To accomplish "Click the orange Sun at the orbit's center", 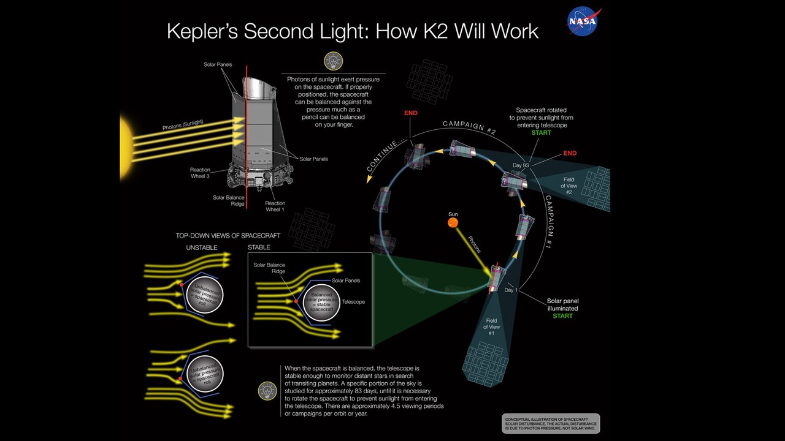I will click(x=453, y=224).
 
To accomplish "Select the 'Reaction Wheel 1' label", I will click(x=275, y=206).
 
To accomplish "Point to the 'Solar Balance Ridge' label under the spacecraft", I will click(x=228, y=201).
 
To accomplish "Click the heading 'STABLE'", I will click(x=259, y=247).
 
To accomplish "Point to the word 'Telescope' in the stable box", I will click(x=353, y=302).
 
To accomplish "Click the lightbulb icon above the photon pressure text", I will click(x=333, y=61).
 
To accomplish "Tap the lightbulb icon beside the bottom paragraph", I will click(x=267, y=390).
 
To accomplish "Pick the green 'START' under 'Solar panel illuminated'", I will click(x=562, y=316).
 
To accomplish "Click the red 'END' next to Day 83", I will click(x=570, y=153).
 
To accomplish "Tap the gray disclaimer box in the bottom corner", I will click(x=550, y=424).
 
